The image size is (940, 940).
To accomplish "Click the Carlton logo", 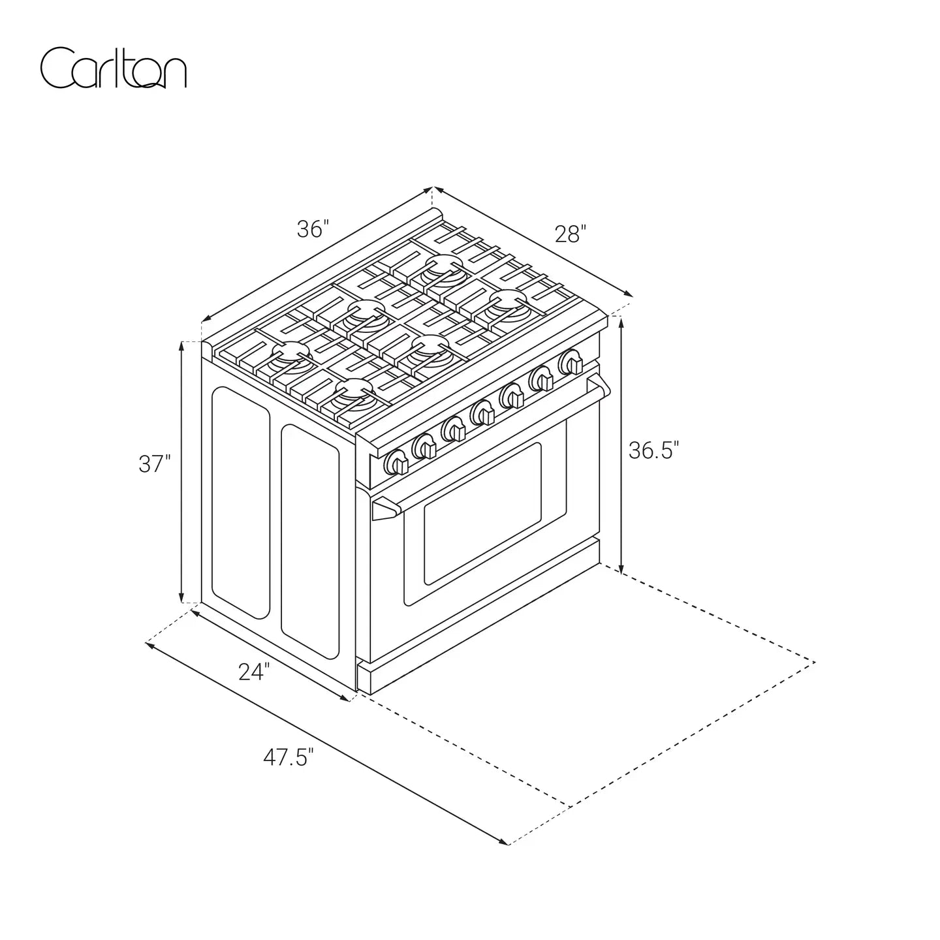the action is [113, 68].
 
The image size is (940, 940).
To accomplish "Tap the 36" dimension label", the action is [313, 228].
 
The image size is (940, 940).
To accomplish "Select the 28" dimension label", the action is [571, 234].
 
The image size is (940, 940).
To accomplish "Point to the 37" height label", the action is [155, 463].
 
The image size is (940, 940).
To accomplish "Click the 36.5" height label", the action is [653, 450].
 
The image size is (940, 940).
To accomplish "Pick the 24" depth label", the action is [254, 671].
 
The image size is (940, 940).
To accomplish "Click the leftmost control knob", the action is [396, 462].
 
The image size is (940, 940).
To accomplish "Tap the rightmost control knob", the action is [571, 362].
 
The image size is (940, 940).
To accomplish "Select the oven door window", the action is [482, 514].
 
